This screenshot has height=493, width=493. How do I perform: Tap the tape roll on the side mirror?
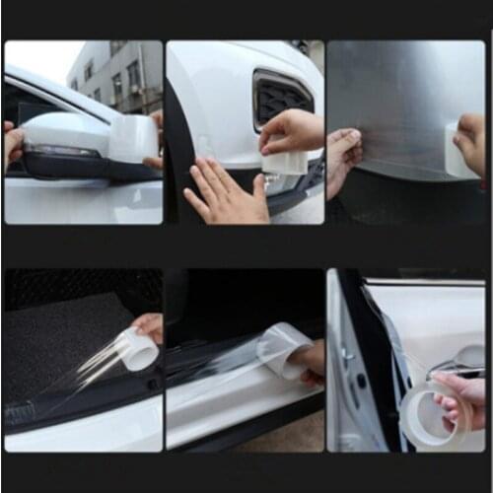pos(131,138)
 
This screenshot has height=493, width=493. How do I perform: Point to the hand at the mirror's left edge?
pos(11,143)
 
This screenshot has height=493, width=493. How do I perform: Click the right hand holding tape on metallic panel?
pos(471,138)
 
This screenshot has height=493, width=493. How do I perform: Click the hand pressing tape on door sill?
pos(309,361)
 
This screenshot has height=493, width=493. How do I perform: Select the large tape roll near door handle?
pos(434,416)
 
